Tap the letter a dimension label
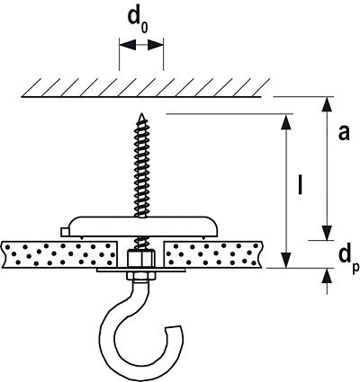coord(344,133)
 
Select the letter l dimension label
coord(300,184)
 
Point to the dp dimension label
coord(349,260)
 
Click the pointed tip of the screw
coord(140,113)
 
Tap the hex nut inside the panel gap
coord(140,258)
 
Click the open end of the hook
coord(175,328)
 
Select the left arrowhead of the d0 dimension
coord(127,46)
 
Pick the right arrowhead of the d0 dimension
coord(156,46)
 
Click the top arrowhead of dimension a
coord(327,104)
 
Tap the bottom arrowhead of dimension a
coord(327,233)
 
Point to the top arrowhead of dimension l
coord(287,122)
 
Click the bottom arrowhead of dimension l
coord(287,260)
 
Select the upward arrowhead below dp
coord(328,276)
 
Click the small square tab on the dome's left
coord(65,232)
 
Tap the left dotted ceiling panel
coord(59,254)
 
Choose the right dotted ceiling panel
coord(213,254)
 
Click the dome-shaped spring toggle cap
coord(139,227)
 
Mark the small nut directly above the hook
coord(140,277)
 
